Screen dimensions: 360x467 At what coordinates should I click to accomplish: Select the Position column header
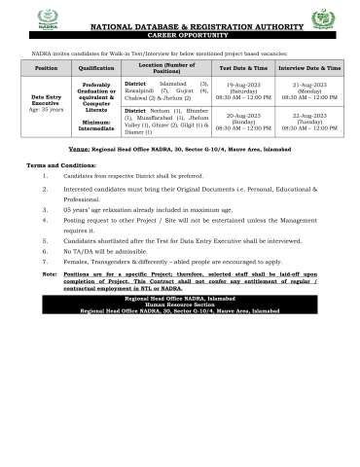point(46,69)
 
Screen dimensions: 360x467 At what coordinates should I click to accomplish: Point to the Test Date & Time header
point(243,69)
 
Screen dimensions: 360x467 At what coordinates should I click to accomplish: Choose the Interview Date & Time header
point(309,69)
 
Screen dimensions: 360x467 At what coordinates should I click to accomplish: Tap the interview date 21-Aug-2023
point(309,86)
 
